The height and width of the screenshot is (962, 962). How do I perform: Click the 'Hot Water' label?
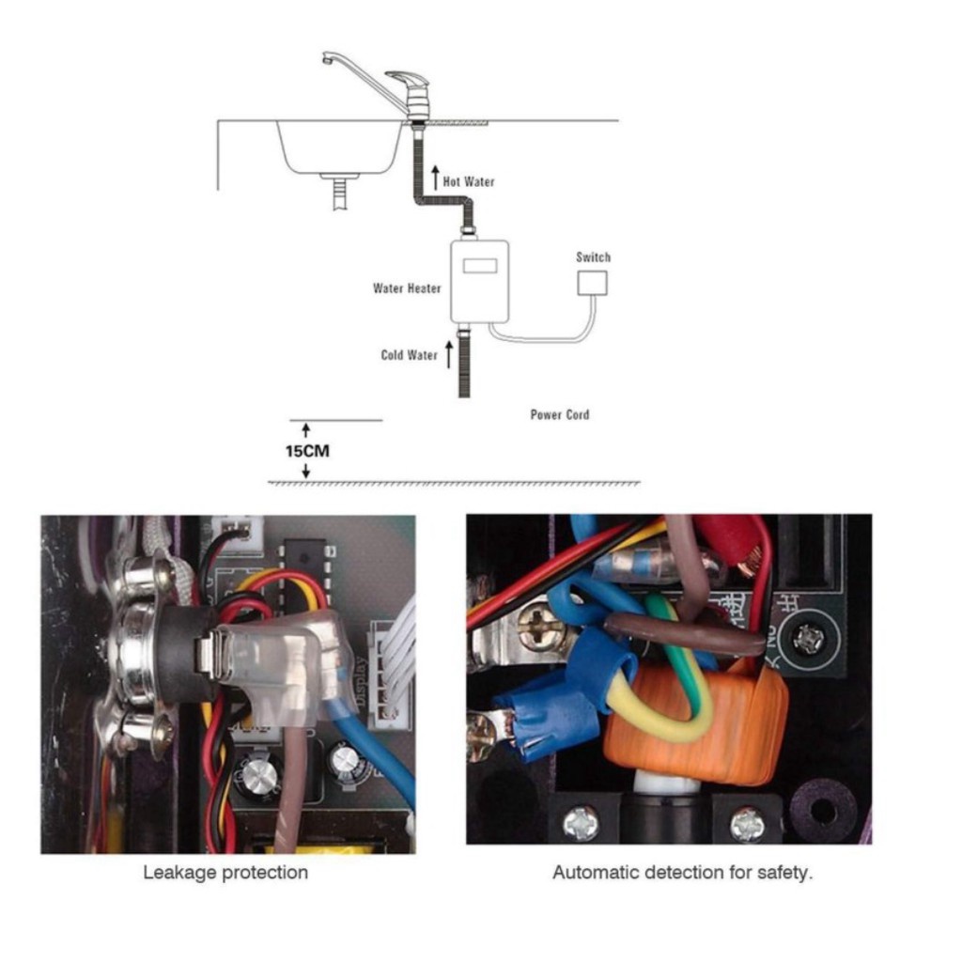[x=468, y=181]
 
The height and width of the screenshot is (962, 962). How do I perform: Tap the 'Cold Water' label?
[x=409, y=355]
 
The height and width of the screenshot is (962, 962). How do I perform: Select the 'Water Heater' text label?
[x=407, y=288]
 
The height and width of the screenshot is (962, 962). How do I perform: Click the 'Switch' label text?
[x=594, y=257]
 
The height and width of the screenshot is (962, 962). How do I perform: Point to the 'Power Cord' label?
[x=560, y=414]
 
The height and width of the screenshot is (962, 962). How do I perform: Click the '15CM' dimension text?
[x=307, y=451]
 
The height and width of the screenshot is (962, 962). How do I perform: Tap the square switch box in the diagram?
[x=593, y=283]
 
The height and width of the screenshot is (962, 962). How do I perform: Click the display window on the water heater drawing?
[x=480, y=266]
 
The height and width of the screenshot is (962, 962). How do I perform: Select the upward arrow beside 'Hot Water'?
[x=435, y=178]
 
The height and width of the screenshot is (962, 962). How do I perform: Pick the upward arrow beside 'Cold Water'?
[x=448, y=355]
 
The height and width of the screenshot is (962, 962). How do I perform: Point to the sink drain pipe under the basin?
[x=339, y=193]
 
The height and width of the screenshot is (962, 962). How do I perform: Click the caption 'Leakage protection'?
[x=225, y=873]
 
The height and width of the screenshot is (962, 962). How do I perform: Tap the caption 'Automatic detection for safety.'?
[x=682, y=873]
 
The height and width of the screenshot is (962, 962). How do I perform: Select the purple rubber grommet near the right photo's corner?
[x=821, y=809]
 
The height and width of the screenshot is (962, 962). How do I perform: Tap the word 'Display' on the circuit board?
[x=361, y=681]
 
